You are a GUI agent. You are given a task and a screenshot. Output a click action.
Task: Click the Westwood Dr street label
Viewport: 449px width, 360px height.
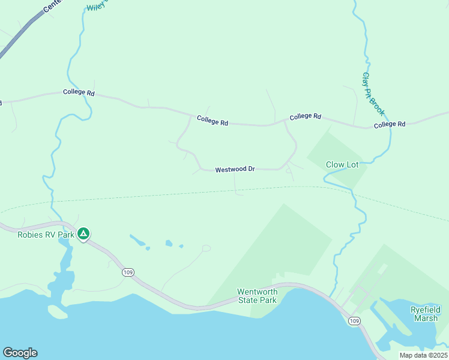pos(235,170)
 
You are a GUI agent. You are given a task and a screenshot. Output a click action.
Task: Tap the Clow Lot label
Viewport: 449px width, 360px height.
pos(342,164)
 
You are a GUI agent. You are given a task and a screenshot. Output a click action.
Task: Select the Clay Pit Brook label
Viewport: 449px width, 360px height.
pos(373,94)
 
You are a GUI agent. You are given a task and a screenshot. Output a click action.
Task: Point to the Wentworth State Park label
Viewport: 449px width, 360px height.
pos(257,296)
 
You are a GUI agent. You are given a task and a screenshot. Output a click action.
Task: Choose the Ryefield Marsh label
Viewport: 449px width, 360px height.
pos(426,314)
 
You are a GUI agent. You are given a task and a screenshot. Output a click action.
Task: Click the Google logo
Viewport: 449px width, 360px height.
pos(20,353)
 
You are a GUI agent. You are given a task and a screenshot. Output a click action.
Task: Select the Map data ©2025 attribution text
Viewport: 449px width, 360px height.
pos(423,355)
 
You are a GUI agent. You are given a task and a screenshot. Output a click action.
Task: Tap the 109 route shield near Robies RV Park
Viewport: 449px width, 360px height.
pos(127,272)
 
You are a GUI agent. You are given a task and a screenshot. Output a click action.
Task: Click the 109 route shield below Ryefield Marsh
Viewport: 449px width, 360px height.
pos(354,322)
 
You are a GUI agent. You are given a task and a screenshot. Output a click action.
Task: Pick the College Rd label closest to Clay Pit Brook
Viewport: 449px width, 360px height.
pos(390,124)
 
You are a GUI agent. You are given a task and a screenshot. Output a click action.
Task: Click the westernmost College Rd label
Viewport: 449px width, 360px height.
pos(79,93)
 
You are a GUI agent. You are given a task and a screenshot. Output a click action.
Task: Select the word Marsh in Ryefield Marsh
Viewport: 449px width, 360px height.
pos(426,318)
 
